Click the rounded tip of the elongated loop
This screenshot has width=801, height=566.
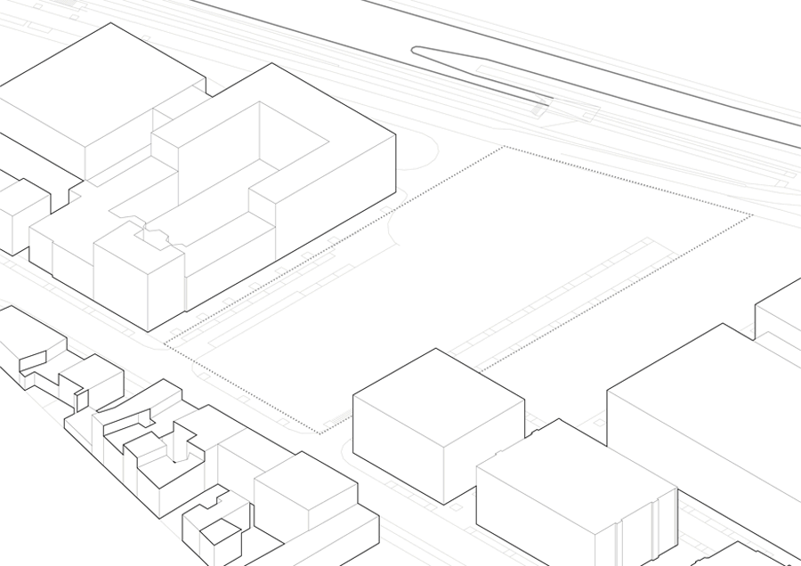pos(416,51)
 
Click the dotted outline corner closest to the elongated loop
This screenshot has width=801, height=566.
pos(506,147)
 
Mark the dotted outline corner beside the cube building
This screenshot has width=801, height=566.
pos(320,433)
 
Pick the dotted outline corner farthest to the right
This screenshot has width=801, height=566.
pos(752,215)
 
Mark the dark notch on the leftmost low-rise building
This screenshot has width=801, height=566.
pos(34,360)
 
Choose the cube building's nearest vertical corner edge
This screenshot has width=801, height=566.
pos(443,463)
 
